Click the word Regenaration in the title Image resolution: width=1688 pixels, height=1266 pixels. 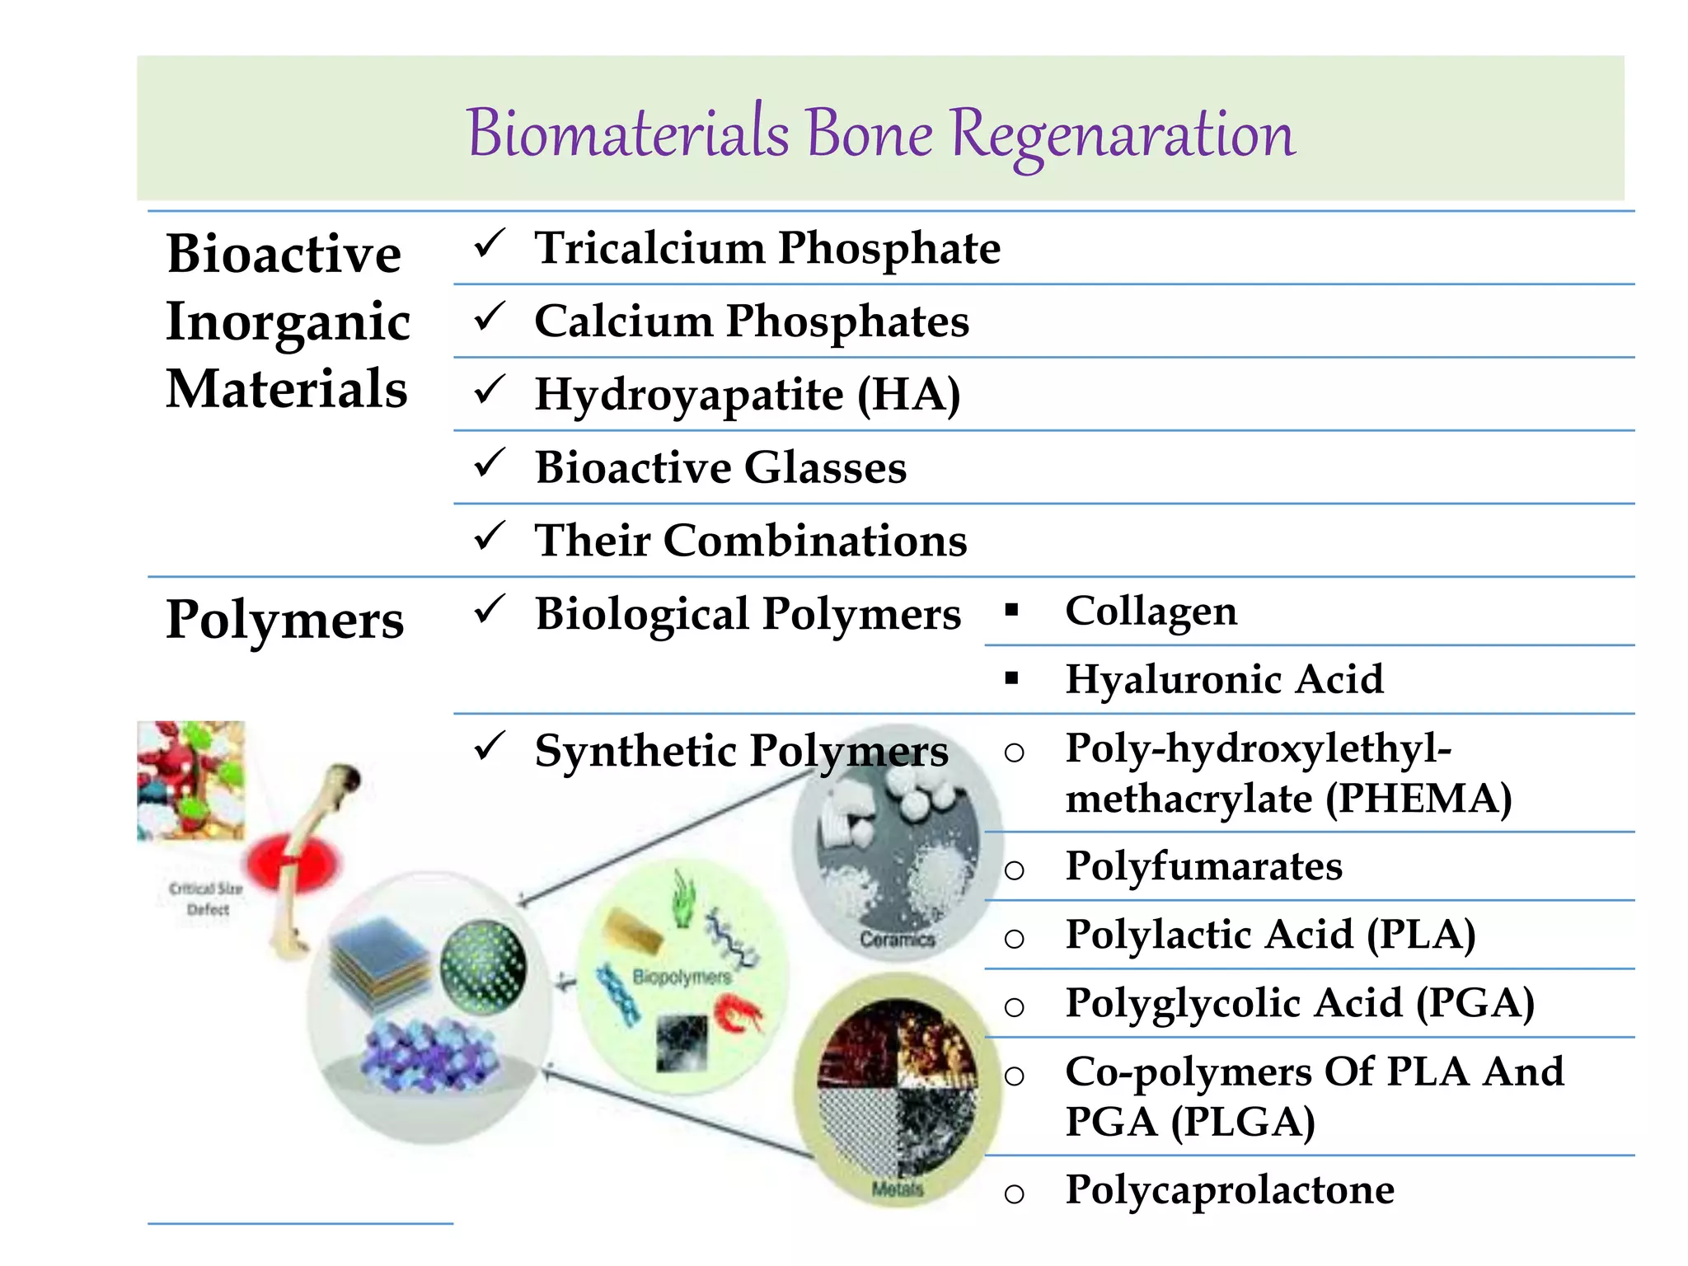[1123, 134]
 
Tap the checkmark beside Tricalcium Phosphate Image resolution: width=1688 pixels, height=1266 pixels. [489, 244]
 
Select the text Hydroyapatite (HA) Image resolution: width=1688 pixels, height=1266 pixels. [747, 394]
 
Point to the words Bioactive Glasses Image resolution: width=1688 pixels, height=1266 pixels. [720, 467]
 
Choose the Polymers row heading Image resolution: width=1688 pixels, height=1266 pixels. [284, 620]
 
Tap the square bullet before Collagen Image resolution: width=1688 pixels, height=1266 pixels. [1012, 611]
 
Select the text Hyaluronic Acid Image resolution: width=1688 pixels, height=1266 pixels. [1224, 679]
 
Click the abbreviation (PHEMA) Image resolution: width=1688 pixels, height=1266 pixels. [1418, 798]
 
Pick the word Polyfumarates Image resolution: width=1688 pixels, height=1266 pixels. [1203, 866]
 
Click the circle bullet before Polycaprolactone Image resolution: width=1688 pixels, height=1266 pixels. [1015, 1193]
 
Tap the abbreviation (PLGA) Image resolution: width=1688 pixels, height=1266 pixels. [1244, 1122]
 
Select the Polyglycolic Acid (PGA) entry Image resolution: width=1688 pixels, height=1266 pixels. [1299, 1003]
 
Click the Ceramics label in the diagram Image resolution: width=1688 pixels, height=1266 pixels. [897, 939]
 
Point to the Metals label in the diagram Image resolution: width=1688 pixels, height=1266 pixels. [897, 1189]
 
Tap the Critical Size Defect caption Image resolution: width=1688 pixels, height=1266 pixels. [206, 898]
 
